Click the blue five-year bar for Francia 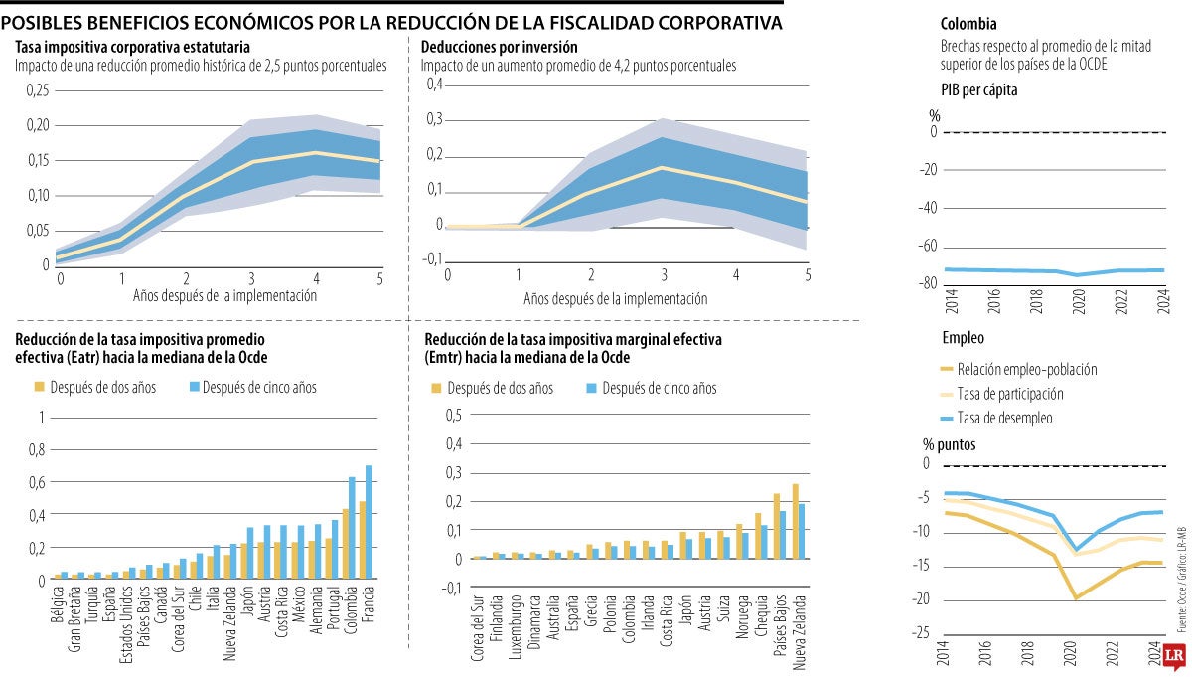pyautogui.click(x=369, y=522)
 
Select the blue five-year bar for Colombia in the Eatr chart pyautogui.click(x=352, y=528)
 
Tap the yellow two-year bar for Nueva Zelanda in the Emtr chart pyautogui.click(x=795, y=522)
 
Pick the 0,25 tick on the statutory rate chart pyautogui.click(x=36, y=91)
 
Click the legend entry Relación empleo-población pyautogui.click(x=1026, y=369)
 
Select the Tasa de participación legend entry pyautogui.click(x=1009, y=394)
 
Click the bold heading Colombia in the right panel pyautogui.click(x=968, y=24)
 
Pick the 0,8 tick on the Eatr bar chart pyautogui.click(x=37, y=449)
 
